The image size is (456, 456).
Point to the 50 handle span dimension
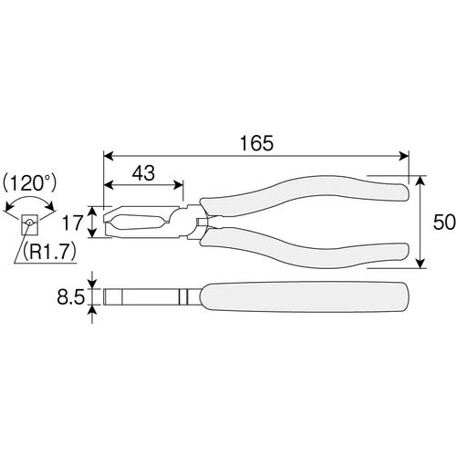(x=438, y=222)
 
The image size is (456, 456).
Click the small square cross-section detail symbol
(x=29, y=223)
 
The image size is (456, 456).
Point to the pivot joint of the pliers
(x=195, y=222)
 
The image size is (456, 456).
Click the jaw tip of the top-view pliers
(x=110, y=222)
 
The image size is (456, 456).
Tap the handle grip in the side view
(x=301, y=297)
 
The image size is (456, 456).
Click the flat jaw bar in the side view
(x=141, y=297)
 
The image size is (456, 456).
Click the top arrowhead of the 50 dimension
(x=420, y=180)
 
